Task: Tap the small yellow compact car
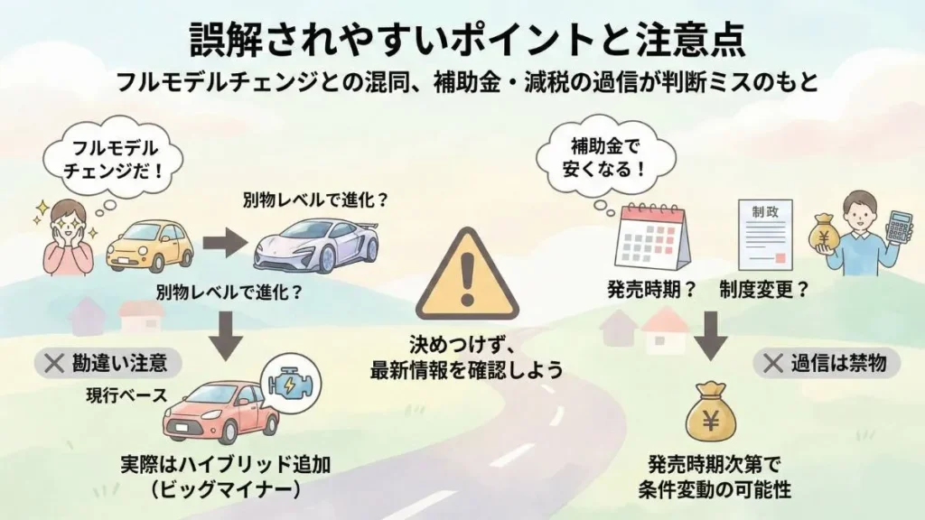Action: (x=150, y=246)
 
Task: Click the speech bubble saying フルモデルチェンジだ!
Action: (x=107, y=160)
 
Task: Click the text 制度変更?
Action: (x=763, y=291)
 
